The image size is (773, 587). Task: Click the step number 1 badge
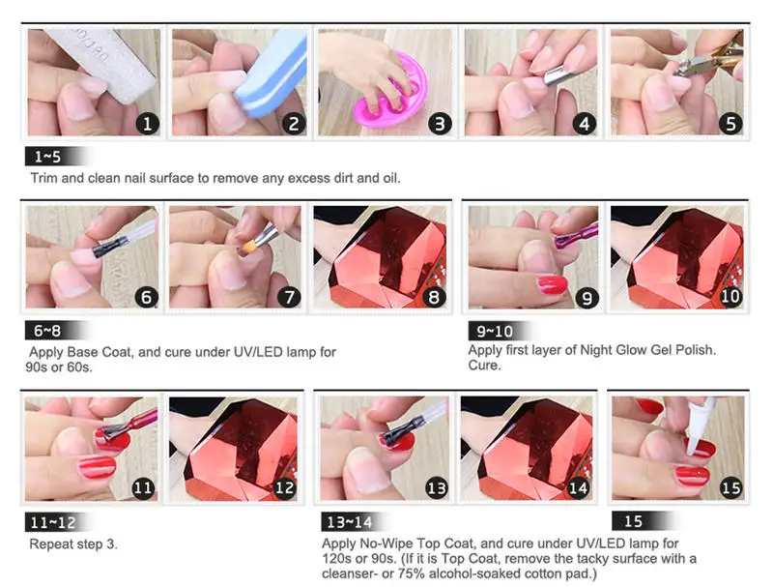click(x=147, y=124)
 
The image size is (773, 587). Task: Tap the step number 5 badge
click(x=730, y=124)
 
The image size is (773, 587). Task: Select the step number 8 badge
click(x=434, y=297)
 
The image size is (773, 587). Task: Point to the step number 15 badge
click(x=730, y=487)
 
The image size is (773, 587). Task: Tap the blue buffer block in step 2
click(x=272, y=74)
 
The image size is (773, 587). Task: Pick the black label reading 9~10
click(x=498, y=331)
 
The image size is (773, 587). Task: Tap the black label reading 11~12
click(x=57, y=522)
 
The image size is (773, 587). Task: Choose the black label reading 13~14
click(x=353, y=522)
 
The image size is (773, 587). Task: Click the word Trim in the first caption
click(x=43, y=178)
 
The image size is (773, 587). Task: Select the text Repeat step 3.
click(x=73, y=544)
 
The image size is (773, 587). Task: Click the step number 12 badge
click(x=284, y=487)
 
